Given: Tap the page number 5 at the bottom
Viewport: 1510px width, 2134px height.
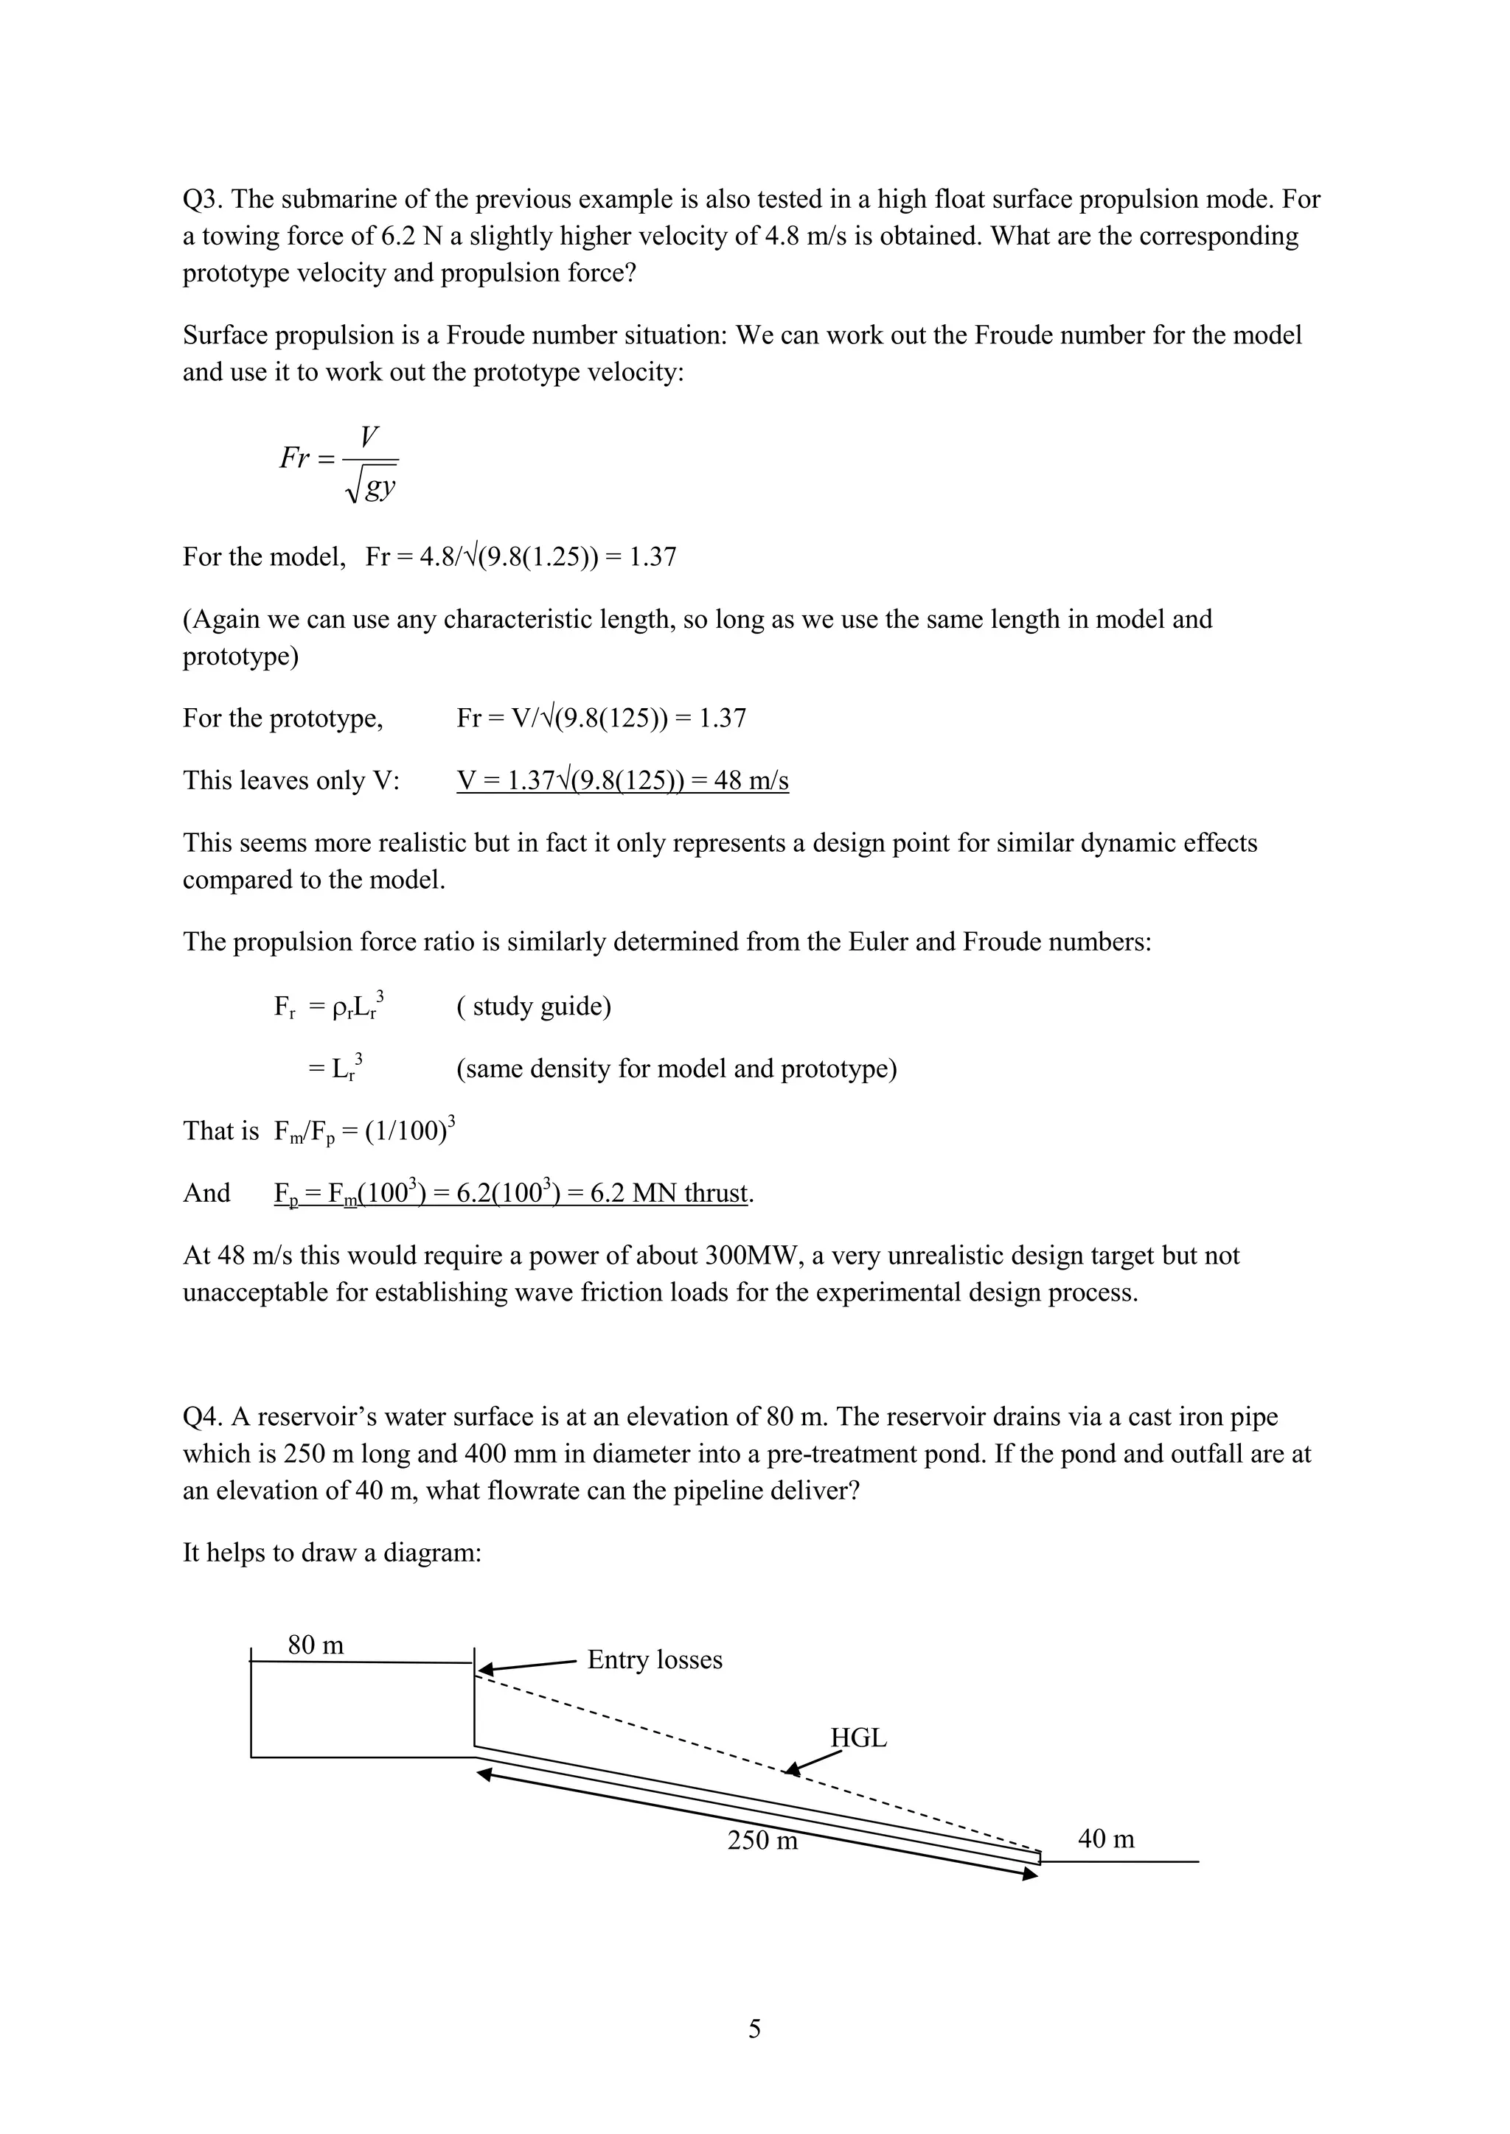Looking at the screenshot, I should pyautogui.click(x=754, y=2029).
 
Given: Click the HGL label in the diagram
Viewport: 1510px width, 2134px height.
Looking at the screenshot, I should pyautogui.click(x=858, y=1738).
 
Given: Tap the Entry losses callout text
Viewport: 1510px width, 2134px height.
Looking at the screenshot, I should pyautogui.click(x=655, y=1660).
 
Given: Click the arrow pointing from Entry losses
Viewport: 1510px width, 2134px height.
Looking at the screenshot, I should pyautogui.click(x=526, y=1668).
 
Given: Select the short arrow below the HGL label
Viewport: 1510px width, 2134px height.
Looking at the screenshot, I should pyautogui.click(x=813, y=1762).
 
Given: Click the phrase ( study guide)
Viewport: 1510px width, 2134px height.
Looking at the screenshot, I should pyautogui.click(x=534, y=1007).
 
